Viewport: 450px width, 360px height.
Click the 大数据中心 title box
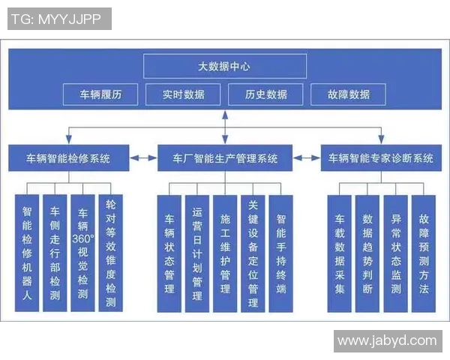point(225,67)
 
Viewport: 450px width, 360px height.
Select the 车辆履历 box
point(101,94)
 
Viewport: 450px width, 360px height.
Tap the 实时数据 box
point(183,94)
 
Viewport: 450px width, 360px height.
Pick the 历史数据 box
point(266,94)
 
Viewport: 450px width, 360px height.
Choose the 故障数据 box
point(349,94)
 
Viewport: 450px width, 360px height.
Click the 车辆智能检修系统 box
point(68,158)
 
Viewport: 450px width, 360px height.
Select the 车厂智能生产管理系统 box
point(225,158)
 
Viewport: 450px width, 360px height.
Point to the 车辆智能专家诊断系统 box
point(382,158)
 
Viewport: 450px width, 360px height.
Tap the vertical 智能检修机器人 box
point(27,253)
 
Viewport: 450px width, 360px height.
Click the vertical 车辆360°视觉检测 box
point(82,253)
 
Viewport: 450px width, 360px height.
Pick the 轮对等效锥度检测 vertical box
point(110,253)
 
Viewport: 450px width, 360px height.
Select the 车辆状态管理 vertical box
point(169,253)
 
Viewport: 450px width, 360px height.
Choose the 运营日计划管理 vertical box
point(197,253)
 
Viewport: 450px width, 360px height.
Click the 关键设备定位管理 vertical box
point(253,253)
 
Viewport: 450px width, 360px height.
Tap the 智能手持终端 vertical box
point(281,253)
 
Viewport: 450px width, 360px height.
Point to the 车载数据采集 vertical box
point(340,253)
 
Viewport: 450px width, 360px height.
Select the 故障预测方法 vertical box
point(424,253)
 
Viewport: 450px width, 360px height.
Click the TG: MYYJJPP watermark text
point(59,19)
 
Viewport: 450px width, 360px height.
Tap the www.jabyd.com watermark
point(387,340)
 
